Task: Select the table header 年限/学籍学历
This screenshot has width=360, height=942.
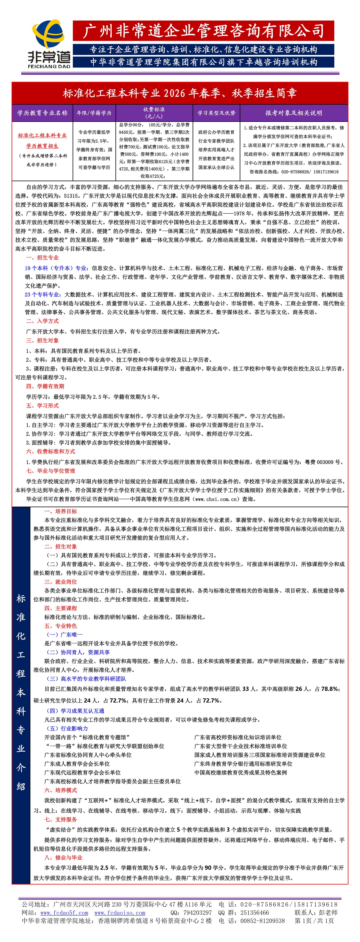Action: click(94, 113)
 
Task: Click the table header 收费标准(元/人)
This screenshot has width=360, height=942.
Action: click(154, 113)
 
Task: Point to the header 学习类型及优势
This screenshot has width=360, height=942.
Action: click(216, 113)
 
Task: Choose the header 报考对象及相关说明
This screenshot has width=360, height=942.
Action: click(293, 113)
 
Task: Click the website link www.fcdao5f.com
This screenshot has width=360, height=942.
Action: click(64, 913)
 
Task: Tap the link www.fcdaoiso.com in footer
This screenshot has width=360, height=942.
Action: click(120, 913)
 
